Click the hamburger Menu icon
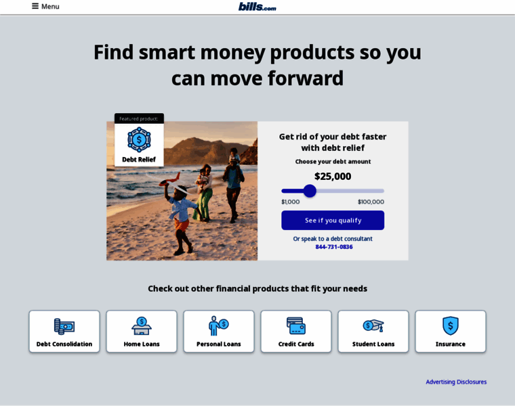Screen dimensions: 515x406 point(35,6)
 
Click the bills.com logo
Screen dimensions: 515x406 point(257,7)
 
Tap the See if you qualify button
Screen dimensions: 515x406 point(333,221)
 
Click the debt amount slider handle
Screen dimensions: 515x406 point(310,191)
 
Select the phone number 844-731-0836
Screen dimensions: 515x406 point(334,247)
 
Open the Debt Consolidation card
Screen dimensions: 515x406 point(64,332)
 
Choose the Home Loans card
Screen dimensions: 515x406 point(142,332)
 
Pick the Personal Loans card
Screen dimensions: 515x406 point(219,332)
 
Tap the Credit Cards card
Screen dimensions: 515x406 point(296,332)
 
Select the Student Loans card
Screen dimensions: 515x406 point(373,332)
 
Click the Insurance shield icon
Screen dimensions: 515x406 point(451,325)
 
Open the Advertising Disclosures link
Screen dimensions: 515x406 point(456,382)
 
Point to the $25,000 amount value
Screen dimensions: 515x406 point(333,177)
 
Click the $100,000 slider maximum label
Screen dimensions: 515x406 point(371,202)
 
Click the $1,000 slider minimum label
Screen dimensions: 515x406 point(290,202)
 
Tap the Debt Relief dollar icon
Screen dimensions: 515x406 point(139,139)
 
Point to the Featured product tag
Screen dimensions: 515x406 point(139,118)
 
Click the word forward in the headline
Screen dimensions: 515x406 point(306,78)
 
